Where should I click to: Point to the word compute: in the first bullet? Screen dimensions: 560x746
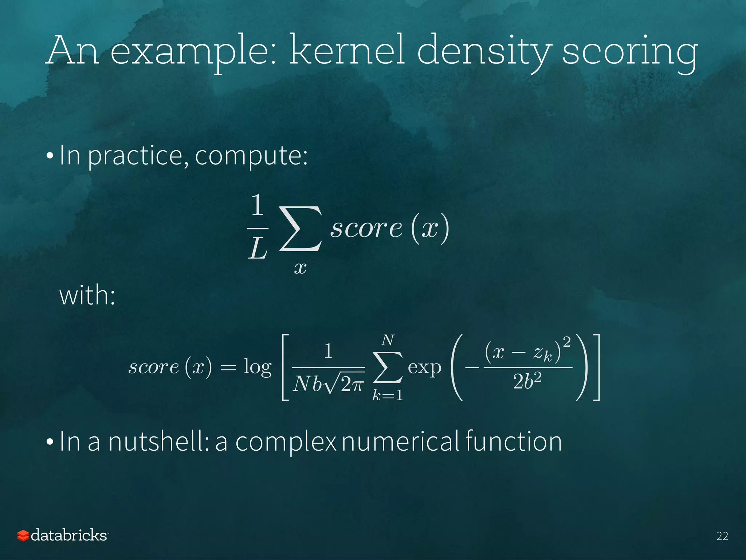click(251, 156)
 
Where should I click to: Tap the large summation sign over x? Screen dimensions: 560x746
click(301, 229)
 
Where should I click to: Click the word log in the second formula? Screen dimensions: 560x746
click(258, 367)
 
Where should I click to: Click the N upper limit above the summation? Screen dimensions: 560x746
click(388, 340)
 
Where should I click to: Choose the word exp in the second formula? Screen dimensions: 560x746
click(424, 367)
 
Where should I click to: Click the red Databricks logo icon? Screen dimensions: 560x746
click(23, 536)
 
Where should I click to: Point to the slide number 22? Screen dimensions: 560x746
click(722, 536)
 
